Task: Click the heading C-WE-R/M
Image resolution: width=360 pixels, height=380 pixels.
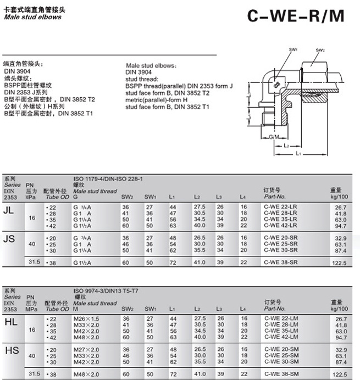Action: (x=296, y=16)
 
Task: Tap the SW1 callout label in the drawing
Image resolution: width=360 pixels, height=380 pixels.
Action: (x=294, y=50)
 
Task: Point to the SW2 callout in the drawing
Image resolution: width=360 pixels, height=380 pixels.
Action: (x=320, y=50)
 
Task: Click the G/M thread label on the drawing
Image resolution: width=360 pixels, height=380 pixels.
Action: (x=273, y=135)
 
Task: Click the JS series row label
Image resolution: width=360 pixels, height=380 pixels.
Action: (x=9, y=239)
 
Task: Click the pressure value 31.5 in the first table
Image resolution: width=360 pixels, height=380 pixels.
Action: (x=35, y=262)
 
